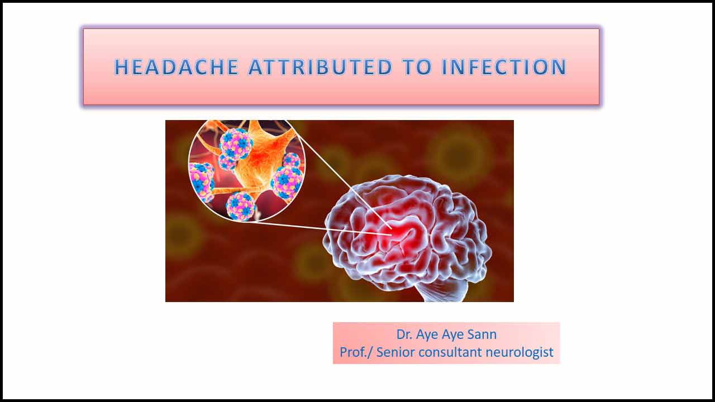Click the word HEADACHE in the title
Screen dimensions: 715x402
pyautogui.click(x=177, y=67)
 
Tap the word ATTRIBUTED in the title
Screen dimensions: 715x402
pyautogui.click(x=320, y=67)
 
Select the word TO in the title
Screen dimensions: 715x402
pyautogui.click(x=417, y=67)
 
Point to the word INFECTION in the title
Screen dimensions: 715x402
pyautogui.click(x=504, y=67)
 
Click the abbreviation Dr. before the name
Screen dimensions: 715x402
pyautogui.click(x=404, y=334)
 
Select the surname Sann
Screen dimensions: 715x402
pyautogui.click(x=482, y=334)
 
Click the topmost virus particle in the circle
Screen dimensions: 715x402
pyautogui.click(x=236, y=143)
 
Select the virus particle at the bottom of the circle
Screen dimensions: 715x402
pyautogui.click(x=241, y=206)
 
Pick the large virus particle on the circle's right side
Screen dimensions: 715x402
pyautogui.click(x=287, y=183)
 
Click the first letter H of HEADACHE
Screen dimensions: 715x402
pyautogui.click(x=121, y=67)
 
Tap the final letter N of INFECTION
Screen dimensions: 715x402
pyautogui.click(x=559, y=67)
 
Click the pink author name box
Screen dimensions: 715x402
pyautogui.click(x=446, y=343)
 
